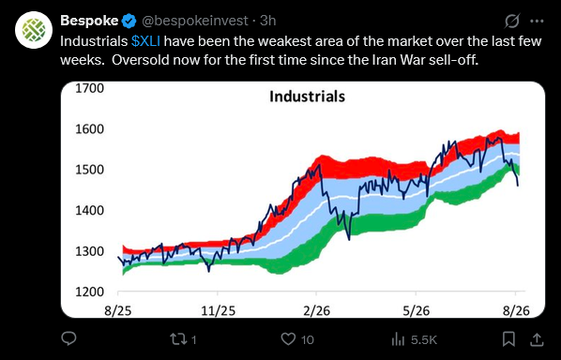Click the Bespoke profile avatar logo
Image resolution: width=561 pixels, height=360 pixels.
(x=34, y=30)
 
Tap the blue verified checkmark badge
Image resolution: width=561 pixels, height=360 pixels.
(x=129, y=21)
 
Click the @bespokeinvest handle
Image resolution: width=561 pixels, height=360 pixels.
(x=195, y=21)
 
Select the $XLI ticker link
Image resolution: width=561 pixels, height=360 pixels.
(x=145, y=41)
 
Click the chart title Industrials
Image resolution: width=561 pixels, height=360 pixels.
(x=308, y=97)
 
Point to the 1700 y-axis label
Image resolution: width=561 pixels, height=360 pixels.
(x=89, y=88)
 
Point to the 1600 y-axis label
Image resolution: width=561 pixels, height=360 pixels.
(x=89, y=128)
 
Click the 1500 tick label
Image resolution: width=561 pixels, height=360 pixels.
(x=89, y=170)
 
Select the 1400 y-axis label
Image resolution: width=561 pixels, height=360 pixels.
(x=89, y=210)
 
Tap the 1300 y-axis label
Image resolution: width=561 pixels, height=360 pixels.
(x=89, y=251)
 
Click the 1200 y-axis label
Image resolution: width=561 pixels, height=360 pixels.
(x=89, y=292)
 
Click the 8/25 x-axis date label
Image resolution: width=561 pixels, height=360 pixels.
(x=118, y=310)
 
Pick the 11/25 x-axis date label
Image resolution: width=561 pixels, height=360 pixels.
(x=218, y=310)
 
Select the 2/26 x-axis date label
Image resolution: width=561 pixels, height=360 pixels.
(x=317, y=310)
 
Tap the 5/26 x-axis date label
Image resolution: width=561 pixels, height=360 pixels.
(x=417, y=310)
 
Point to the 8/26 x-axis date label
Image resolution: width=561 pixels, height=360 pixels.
(x=516, y=310)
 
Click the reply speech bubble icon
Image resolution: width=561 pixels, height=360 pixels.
(x=68, y=338)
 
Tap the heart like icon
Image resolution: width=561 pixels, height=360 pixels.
(x=288, y=339)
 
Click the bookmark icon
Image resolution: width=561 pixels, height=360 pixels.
(x=508, y=339)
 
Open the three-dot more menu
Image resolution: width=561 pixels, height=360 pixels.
(x=537, y=21)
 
